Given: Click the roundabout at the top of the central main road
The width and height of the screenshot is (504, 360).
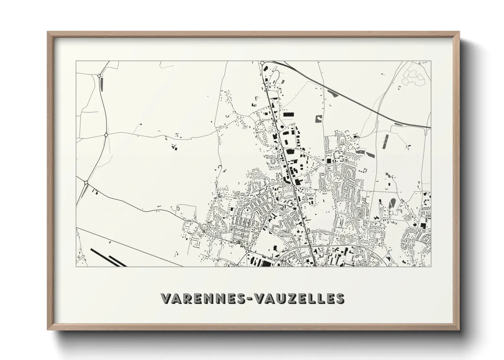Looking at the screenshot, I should pos(263,63).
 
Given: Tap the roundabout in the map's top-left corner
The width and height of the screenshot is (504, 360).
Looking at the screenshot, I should pos(100,75).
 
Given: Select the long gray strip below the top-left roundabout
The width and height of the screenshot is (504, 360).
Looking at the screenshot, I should pos(101,84).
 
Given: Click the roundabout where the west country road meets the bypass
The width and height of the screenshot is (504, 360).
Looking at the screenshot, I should pos(106,135).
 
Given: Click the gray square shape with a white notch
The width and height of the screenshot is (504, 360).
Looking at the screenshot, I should pos(319,119).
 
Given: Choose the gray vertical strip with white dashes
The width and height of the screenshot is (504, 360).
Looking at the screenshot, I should pos(385,142).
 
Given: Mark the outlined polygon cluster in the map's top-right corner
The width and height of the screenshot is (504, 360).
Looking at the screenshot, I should pos(413,78).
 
